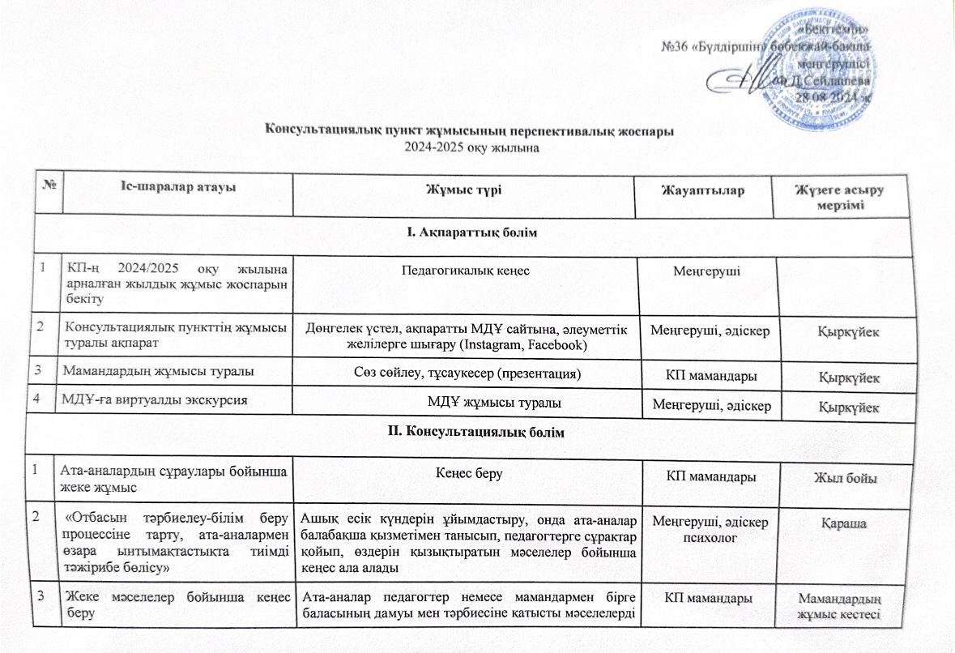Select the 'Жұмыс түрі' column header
[x=464, y=190]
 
